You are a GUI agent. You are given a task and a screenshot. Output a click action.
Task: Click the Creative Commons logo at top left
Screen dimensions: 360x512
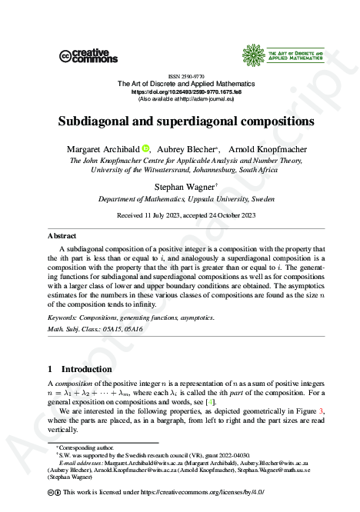coord(88,55)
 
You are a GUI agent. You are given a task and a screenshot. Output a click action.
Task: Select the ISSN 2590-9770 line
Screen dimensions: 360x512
coord(179,76)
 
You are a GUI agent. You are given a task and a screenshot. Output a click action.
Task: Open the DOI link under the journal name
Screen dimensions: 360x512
coord(180,91)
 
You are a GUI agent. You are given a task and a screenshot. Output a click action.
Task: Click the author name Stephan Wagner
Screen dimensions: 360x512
coord(178,186)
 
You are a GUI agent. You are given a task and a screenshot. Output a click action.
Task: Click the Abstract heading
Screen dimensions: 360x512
coord(62,237)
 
